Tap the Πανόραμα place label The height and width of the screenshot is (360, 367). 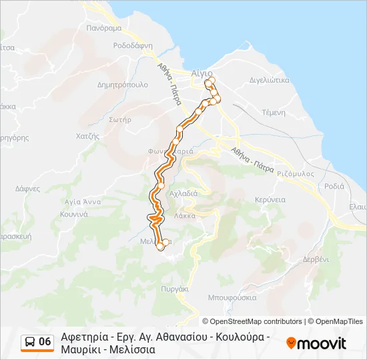(104, 29)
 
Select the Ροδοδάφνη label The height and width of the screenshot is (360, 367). (133, 46)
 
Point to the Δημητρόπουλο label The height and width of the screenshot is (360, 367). (122, 85)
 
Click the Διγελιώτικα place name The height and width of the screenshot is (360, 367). (269, 79)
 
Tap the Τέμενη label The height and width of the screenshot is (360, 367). (274, 113)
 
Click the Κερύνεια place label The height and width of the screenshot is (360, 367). (270, 199)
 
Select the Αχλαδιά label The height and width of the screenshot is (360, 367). (183, 193)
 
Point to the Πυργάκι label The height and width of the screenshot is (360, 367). (175, 289)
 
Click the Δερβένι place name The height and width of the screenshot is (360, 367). (316, 259)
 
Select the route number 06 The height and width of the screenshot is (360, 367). (45, 342)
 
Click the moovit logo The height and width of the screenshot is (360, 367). (316, 343)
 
